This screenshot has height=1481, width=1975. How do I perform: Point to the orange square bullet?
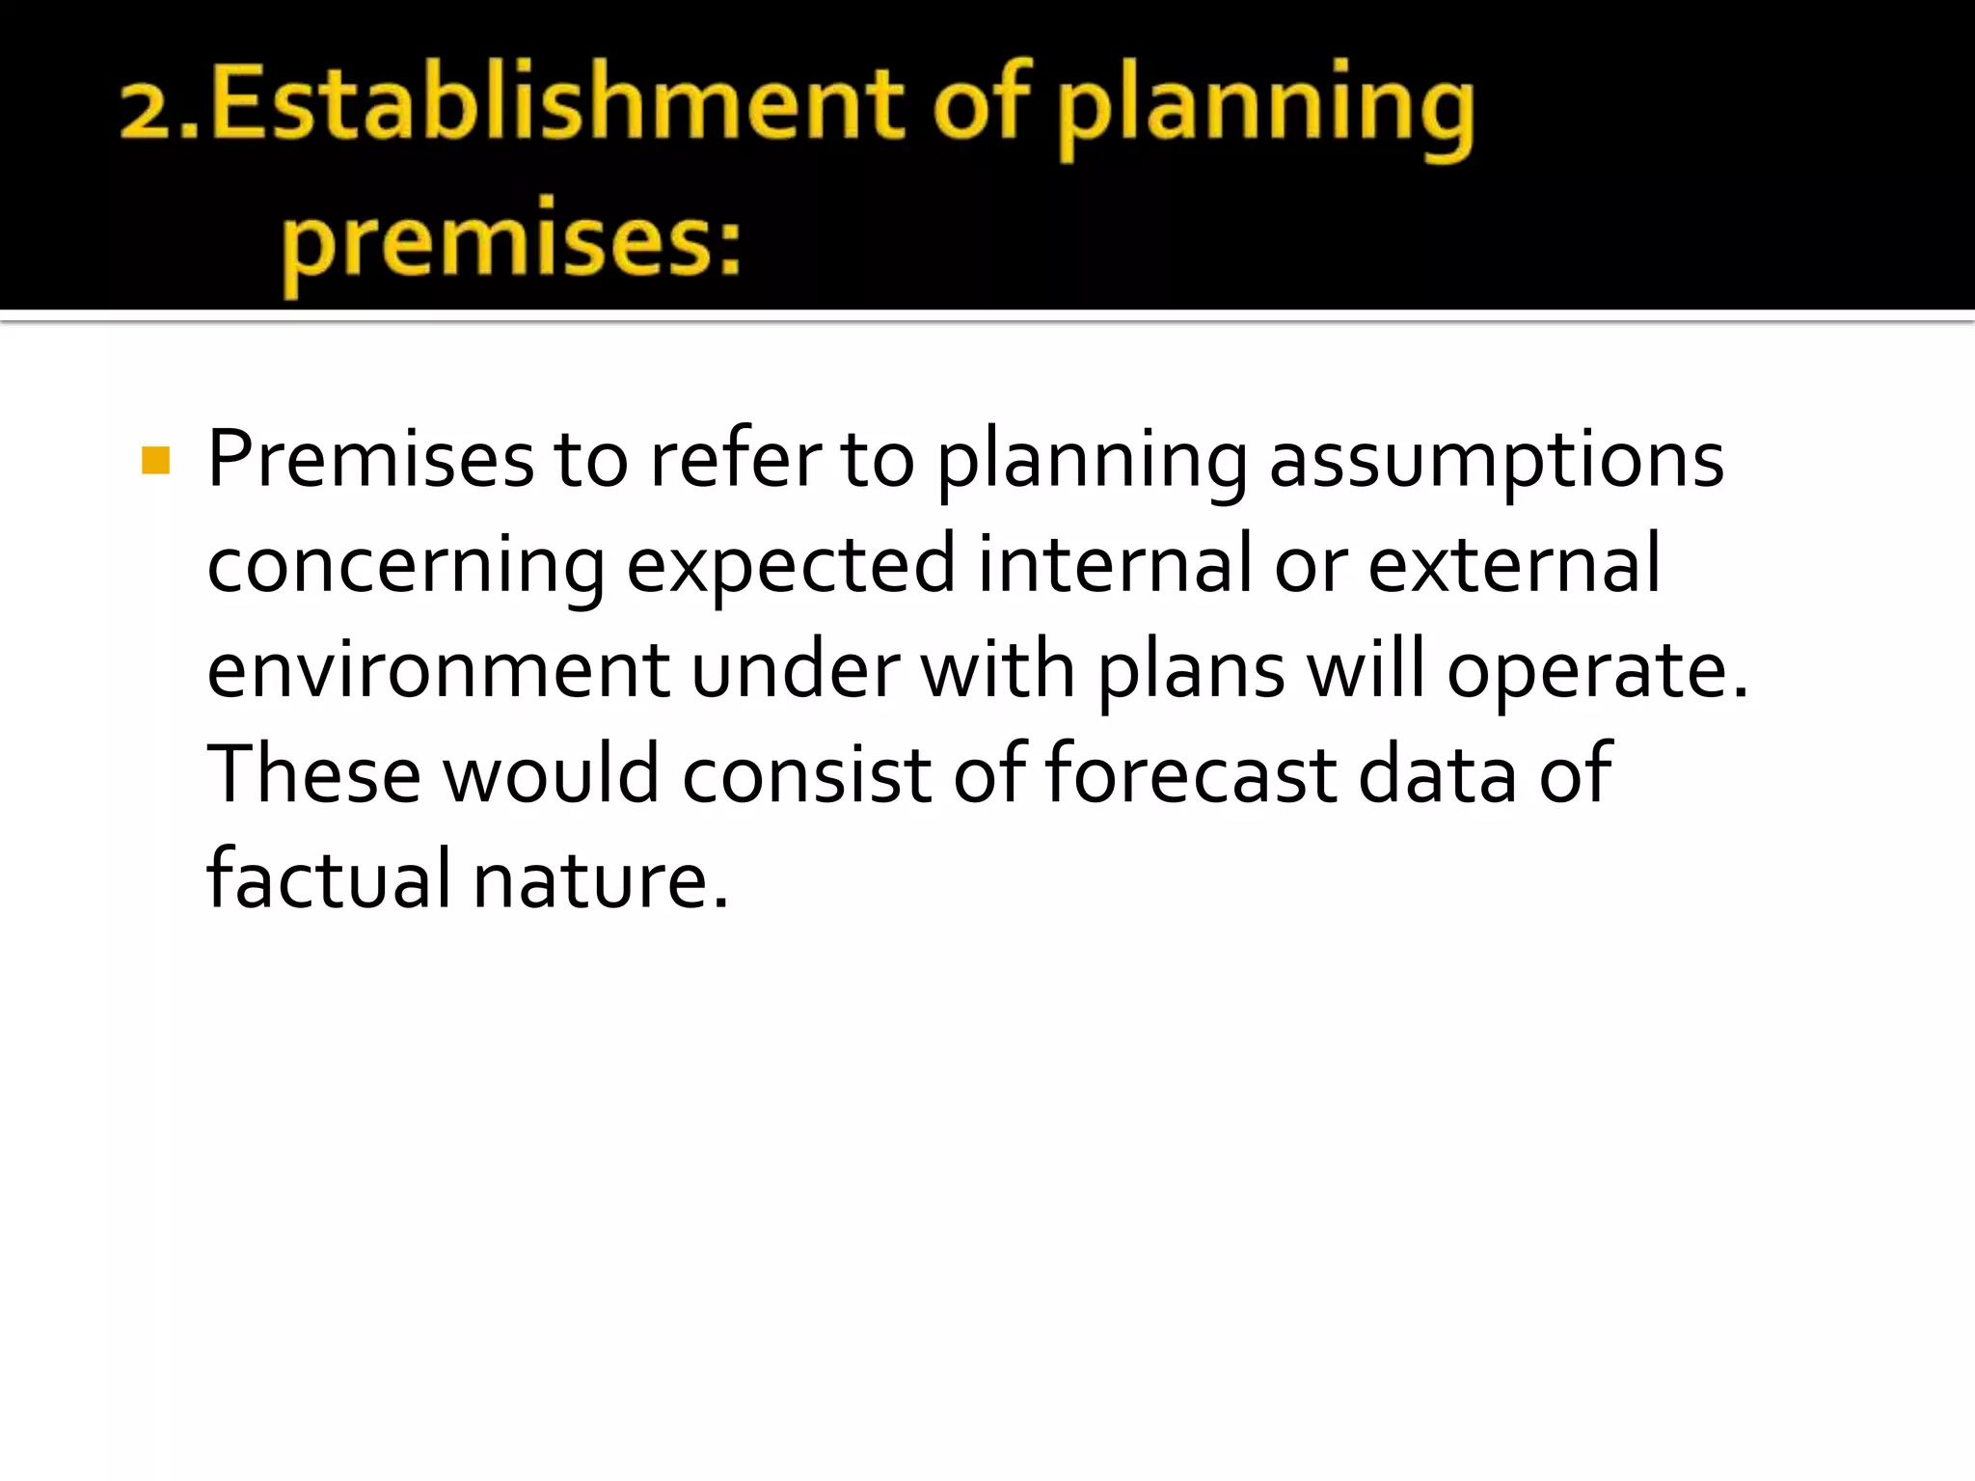(x=155, y=461)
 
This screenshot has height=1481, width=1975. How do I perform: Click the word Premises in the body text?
(x=370, y=459)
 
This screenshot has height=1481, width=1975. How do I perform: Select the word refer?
(x=736, y=459)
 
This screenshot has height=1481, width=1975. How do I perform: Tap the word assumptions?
(x=1496, y=459)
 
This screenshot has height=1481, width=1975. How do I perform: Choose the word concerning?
(x=406, y=565)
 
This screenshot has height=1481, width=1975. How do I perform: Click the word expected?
(x=791, y=565)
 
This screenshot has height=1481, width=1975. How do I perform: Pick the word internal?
(x=1114, y=565)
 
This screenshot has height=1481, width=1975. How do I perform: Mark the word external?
(x=1514, y=565)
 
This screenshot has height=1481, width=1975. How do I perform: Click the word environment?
(x=438, y=670)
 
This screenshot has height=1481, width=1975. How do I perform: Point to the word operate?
(x=1597, y=670)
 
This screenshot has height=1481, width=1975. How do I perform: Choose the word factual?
(x=329, y=878)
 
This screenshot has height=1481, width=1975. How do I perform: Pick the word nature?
(x=600, y=878)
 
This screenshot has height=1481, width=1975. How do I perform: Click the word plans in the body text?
(x=1191, y=670)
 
